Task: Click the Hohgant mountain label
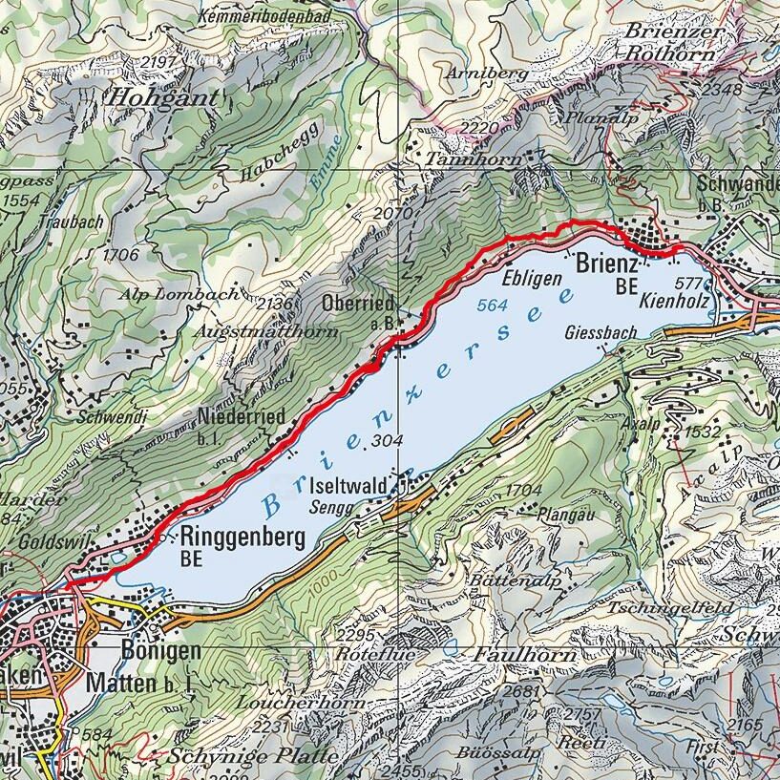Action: [x=162, y=96]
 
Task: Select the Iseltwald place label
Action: [x=348, y=486]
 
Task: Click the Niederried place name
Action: [x=242, y=417]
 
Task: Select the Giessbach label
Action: [x=601, y=334]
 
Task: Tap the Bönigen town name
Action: [x=161, y=651]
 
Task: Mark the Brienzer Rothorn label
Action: [x=669, y=42]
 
